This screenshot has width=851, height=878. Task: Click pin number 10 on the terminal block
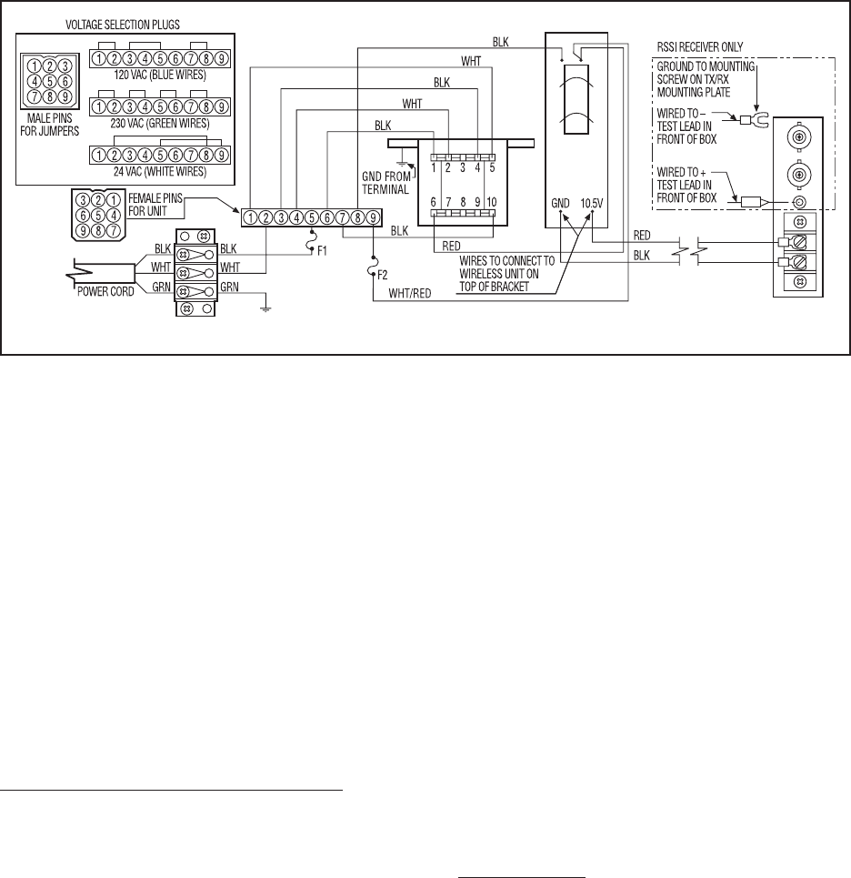[x=491, y=200]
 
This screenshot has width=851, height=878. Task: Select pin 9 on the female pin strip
[x=372, y=217]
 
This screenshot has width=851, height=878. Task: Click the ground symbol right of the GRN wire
[x=264, y=308]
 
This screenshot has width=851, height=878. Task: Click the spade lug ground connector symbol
[x=756, y=118]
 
